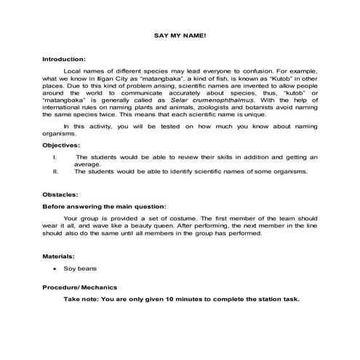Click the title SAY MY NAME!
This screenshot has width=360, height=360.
[180, 35]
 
